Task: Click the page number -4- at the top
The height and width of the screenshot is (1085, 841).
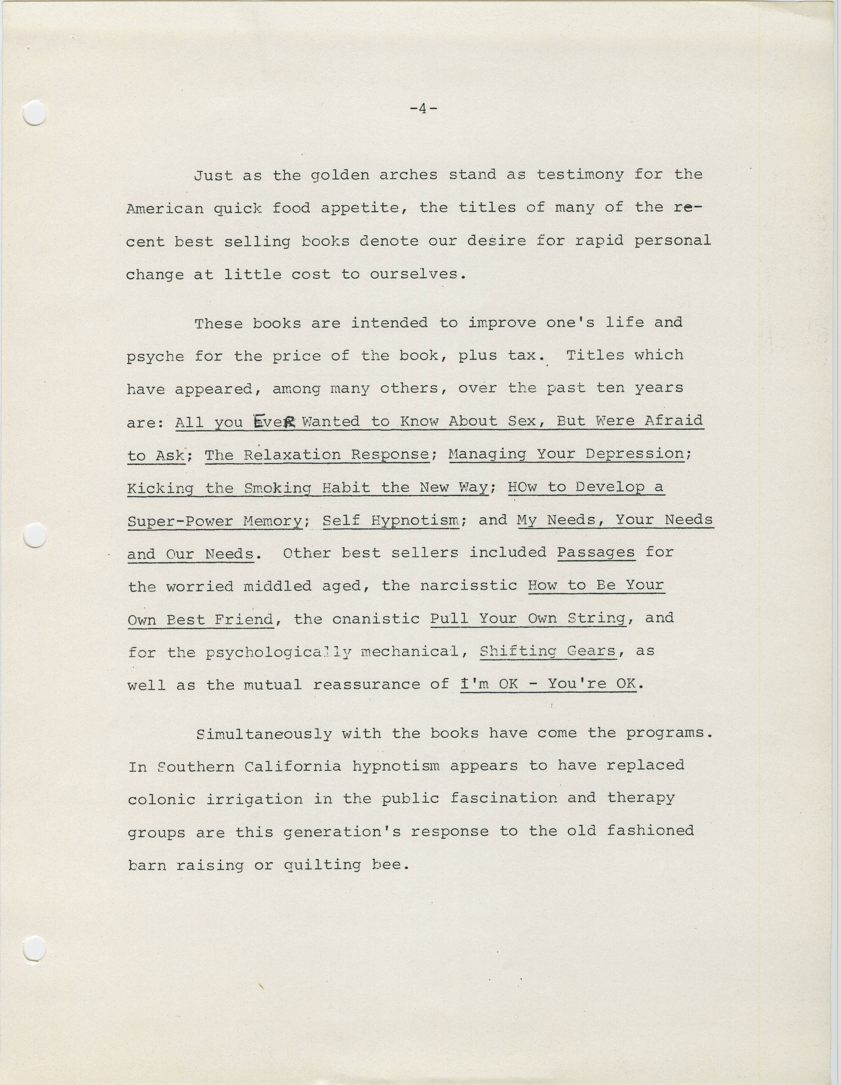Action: point(423,109)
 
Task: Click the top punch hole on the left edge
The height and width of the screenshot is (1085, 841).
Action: point(35,113)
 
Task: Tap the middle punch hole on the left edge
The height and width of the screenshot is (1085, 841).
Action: point(35,536)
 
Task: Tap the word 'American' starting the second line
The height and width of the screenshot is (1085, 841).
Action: point(165,209)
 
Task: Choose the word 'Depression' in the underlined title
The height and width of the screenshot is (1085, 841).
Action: point(635,454)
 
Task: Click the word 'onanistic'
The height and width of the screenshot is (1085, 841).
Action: point(376,619)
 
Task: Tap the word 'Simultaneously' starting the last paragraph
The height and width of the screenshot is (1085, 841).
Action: point(264,734)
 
